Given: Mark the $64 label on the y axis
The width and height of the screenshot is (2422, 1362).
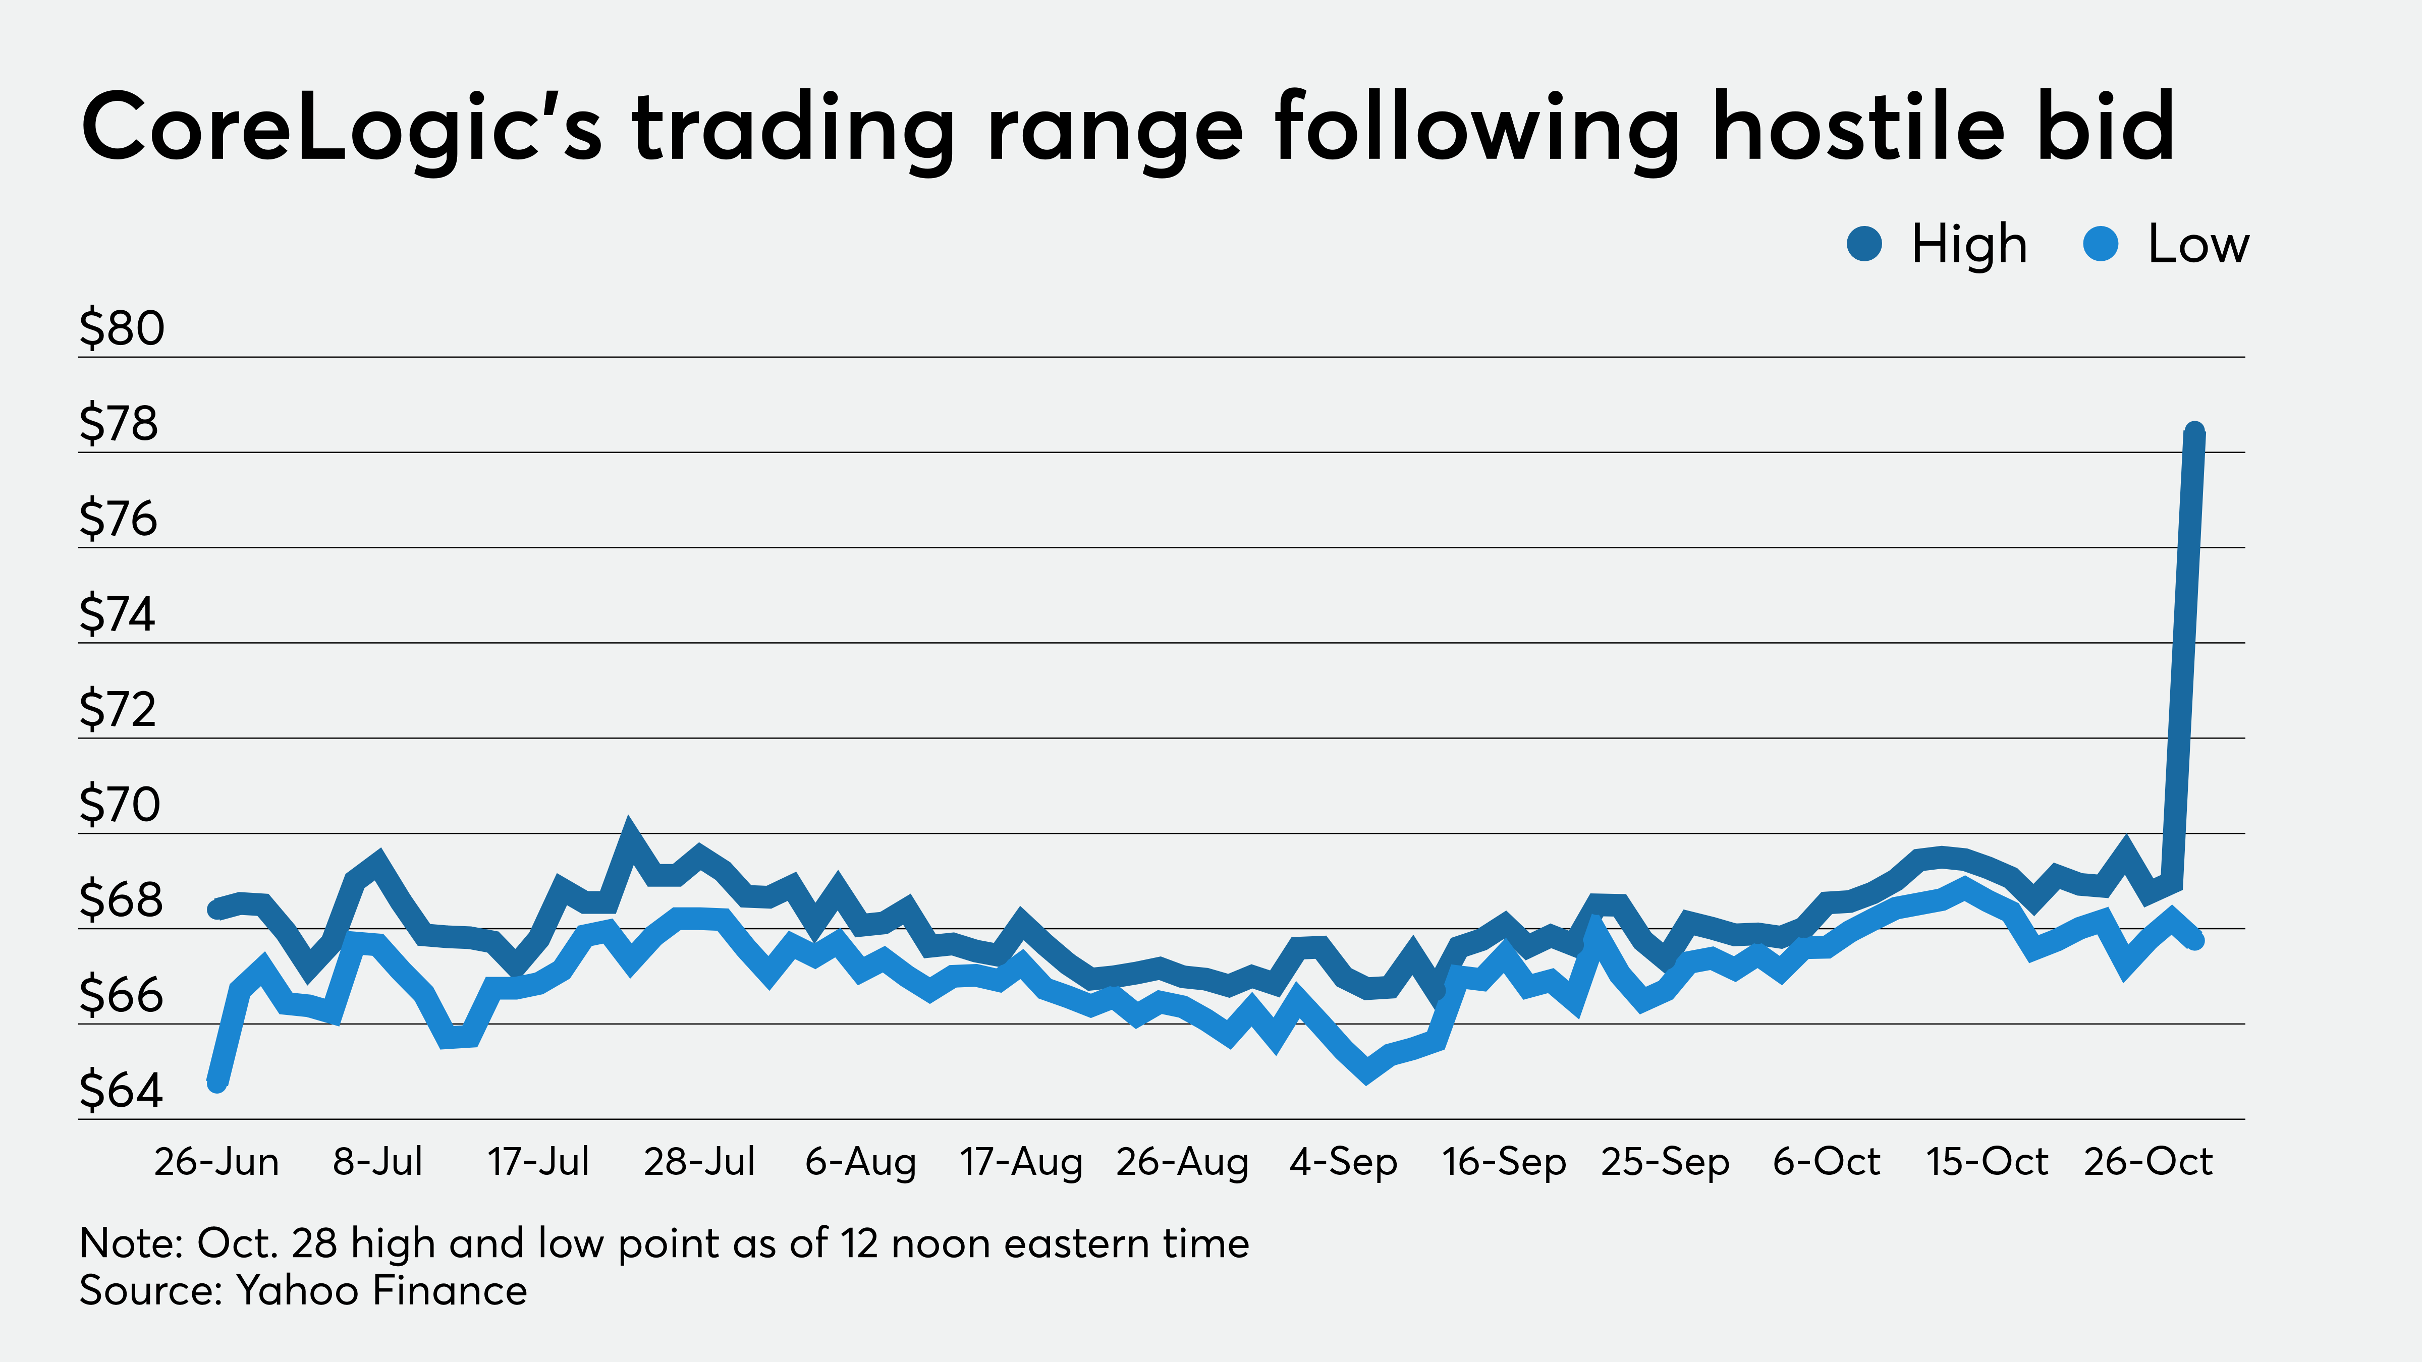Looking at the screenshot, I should point(121,1090).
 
